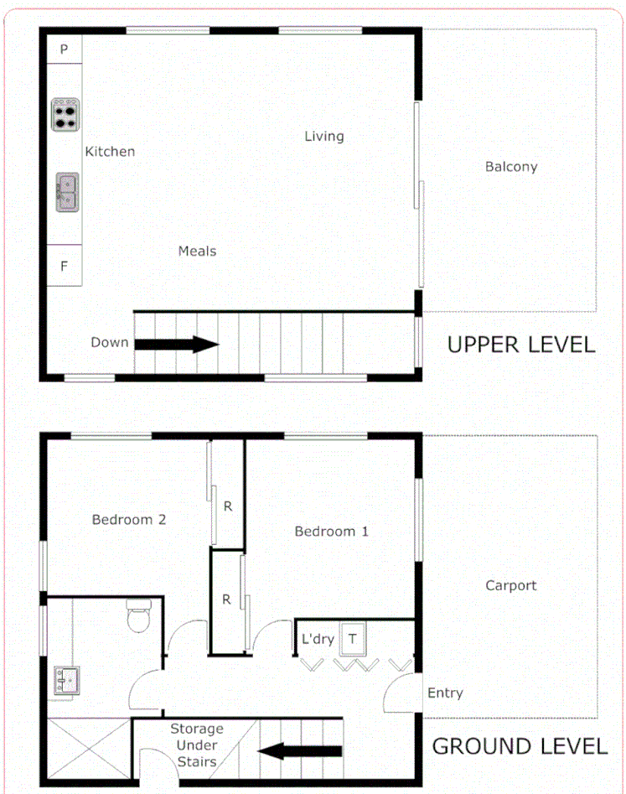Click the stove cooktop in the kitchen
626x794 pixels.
pos(65,114)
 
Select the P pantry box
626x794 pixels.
pos(64,50)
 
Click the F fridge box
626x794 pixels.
pos(64,266)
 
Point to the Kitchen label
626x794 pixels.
pos(110,152)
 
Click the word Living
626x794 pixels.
pos(323,136)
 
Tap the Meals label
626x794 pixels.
pos(197,251)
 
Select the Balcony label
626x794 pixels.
pos(511,166)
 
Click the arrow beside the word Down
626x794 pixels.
pos(177,344)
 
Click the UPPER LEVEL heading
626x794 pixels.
pos(520,345)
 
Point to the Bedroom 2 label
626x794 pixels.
pos(128,520)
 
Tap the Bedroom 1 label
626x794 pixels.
pos(331,531)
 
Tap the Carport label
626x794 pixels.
pos(510,585)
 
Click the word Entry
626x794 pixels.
pos(444,693)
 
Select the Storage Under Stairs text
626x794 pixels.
pos(197,745)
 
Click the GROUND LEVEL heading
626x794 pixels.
pos(520,746)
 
